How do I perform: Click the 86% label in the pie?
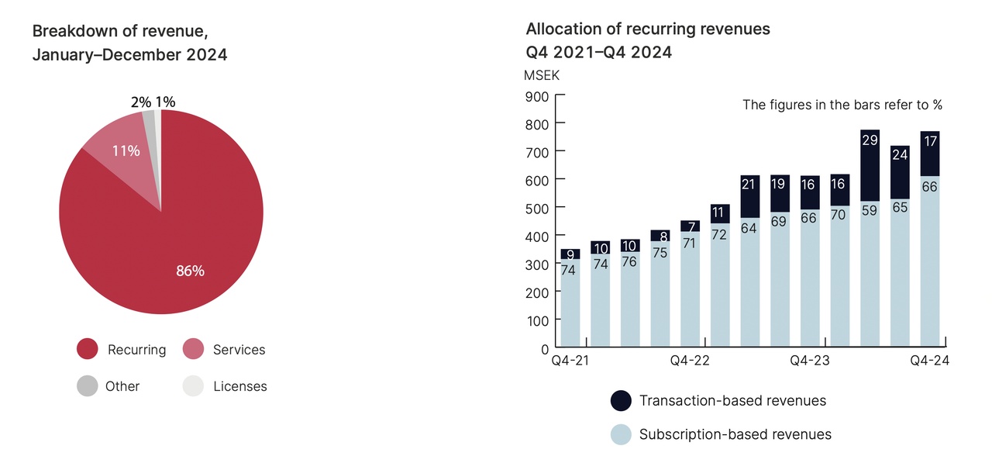click(x=189, y=271)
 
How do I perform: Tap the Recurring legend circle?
click(x=88, y=350)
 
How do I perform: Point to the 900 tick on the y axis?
click(x=537, y=96)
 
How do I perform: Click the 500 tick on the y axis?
click(x=537, y=208)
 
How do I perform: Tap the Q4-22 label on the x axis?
click(x=690, y=361)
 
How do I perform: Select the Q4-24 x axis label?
click(x=929, y=361)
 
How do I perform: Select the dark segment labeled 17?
click(x=930, y=154)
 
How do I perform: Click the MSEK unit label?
click(x=542, y=75)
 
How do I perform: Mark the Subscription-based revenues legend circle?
click(x=621, y=434)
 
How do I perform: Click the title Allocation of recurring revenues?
click(x=648, y=29)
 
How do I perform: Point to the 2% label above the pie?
click(x=141, y=102)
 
